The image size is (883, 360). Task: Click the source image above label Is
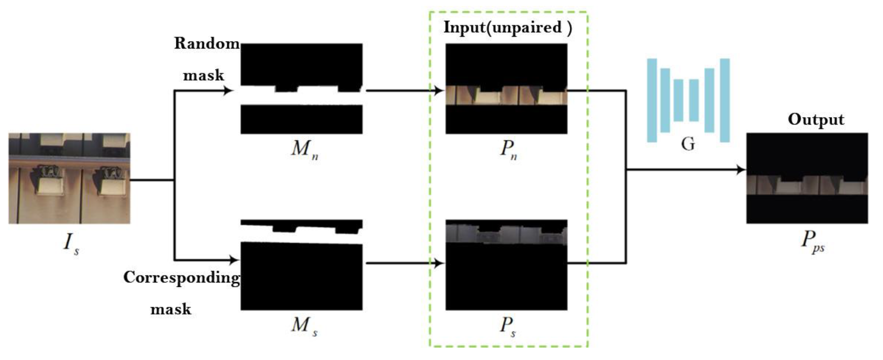[x=69, y=178]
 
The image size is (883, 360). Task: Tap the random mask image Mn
[x=301, y=88]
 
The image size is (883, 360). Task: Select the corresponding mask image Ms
[x=301, y=265]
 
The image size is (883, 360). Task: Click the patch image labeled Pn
[x=506, y=88]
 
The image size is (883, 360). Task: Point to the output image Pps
[x=807, y=178]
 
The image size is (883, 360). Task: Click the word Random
[x=207, y=43]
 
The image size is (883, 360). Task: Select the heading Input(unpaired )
[x=508, y=27]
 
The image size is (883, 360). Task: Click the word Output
[x=816, y=120]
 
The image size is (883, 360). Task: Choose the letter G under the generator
[x=688, y=144]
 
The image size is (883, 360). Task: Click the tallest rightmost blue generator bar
[x=725, y=100]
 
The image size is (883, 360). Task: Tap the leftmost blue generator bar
[x=652, y=100]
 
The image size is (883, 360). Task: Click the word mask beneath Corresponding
[x=171, y=310]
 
